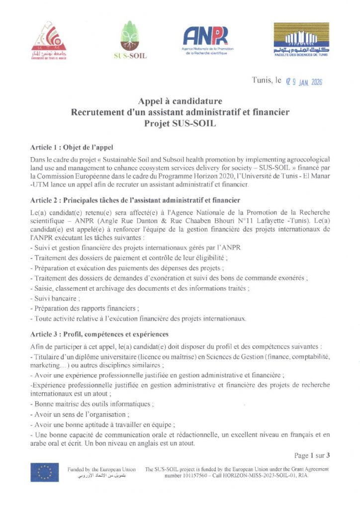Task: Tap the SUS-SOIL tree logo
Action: pos(130,41)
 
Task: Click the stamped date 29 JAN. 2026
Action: pos(304,82)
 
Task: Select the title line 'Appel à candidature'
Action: pos(180,102)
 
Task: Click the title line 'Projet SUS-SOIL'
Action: pos(180,123)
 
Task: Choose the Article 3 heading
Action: pos(99,334)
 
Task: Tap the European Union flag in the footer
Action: pos(44,472)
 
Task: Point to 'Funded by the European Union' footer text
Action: pos(101,469)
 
